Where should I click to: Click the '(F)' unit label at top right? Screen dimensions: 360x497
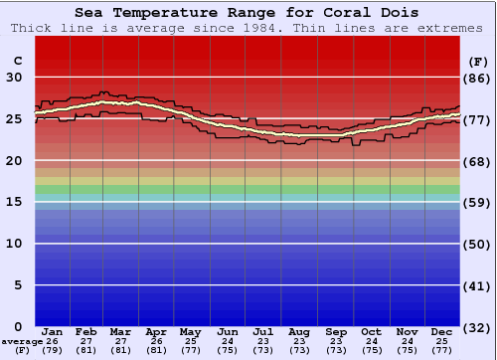point(477,61)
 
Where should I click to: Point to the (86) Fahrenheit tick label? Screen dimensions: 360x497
point(477,78)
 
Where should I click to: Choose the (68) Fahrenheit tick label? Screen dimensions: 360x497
point(477,161)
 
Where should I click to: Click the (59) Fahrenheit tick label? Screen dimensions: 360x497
point(477,202)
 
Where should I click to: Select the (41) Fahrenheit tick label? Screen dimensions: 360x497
point(477,285)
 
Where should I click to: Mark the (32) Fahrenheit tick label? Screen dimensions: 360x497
point(477,327)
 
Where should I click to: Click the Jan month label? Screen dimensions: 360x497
point(53,331)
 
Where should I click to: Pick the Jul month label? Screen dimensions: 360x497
point(263,331)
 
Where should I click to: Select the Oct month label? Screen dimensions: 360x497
point(371,331)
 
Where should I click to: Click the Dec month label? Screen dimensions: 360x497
point(442,331)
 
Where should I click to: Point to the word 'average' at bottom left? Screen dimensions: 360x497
point(21,340)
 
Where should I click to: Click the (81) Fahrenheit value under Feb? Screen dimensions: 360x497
point(86,350)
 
